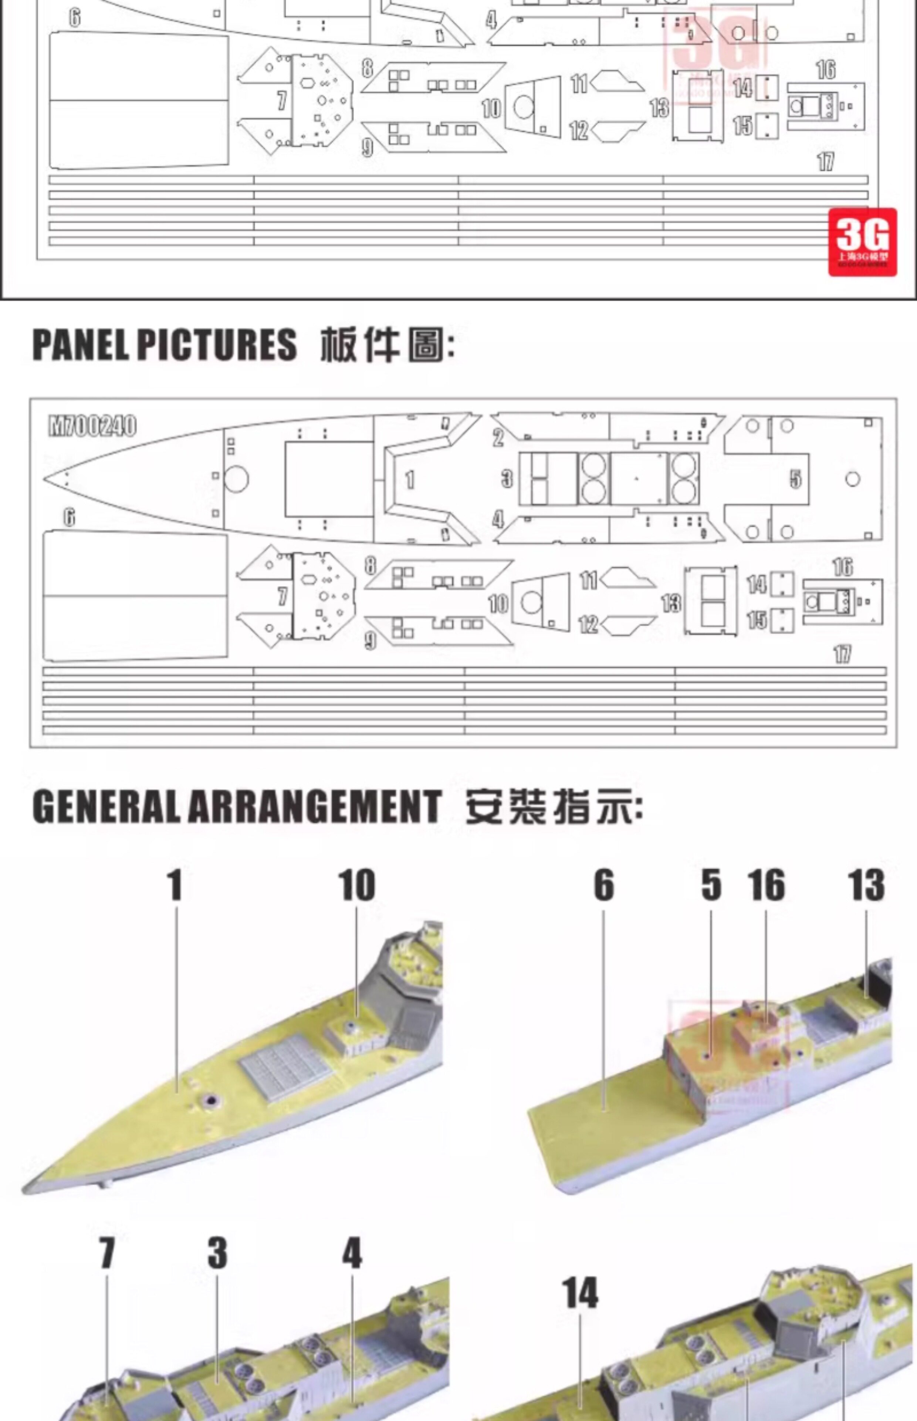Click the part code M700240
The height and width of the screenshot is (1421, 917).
(92, 426)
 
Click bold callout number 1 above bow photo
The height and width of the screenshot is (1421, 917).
(175, 886)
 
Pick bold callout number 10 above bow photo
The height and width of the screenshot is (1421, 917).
(357, 886)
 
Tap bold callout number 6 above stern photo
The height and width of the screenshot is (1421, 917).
(603, 886)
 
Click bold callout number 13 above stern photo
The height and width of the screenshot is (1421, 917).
(866, 886)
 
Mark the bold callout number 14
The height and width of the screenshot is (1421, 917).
(581, 1293)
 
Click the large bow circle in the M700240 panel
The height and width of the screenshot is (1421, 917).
(236, 478)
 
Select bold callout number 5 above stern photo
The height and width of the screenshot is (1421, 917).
(711, 886)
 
